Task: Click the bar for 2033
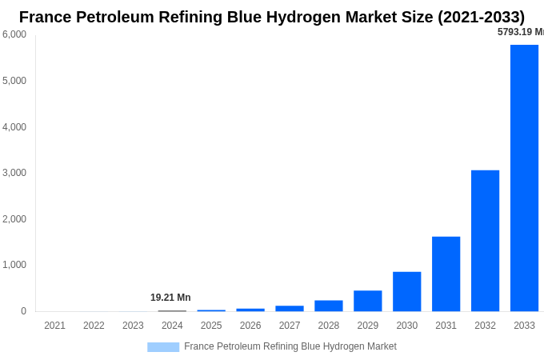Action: [524, 178]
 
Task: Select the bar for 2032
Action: [485, 240]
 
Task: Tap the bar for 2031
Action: [446, 274]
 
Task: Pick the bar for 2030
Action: [406, 291]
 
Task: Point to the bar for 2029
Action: [367, 301]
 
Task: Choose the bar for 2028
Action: [328, 306]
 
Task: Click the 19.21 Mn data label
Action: [170, 298]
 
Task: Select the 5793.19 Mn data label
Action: [520, 32]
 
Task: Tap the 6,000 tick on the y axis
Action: [14, 34]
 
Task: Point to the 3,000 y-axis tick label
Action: [14, 173]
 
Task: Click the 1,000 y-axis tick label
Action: [14, 265]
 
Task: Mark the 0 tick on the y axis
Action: [23, 311]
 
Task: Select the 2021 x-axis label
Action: [54, 326]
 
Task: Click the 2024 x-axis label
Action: [172, 326]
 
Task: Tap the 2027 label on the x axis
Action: [290, 326]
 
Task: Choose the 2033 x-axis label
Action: [524, 326]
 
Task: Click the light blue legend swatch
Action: [163, 347]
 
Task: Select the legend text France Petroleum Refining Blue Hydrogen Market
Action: [290, 346]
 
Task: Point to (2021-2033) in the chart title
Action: [481, 17]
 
